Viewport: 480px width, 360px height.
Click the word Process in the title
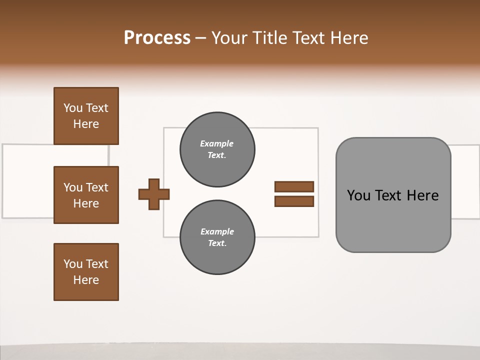[157, 37]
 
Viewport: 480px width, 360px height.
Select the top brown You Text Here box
[86, 116]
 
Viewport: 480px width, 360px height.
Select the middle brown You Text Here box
[86, 195]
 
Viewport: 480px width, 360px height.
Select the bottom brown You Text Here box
[86, 272]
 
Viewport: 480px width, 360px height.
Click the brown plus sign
[154, 194]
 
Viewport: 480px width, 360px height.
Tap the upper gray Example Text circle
[217, 149]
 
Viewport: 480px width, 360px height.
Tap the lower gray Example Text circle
[217, 237]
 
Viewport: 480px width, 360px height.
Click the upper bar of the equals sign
[294, 187]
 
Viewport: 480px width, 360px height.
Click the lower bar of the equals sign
[294, 201]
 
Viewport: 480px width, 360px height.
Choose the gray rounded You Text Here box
[393, 195]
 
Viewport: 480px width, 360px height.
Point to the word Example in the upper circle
[217, 144]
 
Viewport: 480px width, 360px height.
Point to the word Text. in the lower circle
[217, 243]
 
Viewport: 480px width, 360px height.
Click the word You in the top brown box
[73, 108]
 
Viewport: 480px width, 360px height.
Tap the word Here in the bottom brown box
[86, 280]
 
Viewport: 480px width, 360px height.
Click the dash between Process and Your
[201, 38]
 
